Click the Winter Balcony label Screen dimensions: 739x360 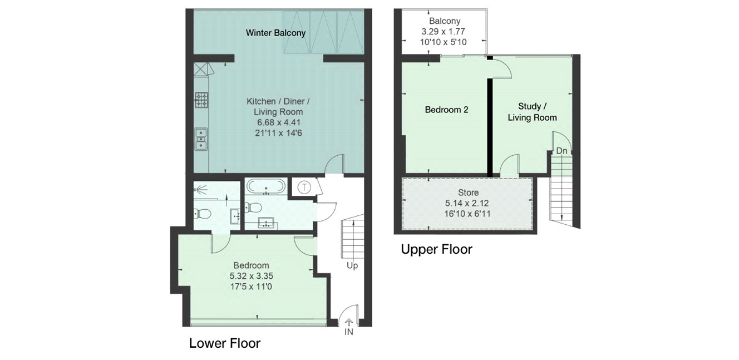(275, 33)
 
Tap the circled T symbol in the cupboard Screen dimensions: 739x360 (304, 188)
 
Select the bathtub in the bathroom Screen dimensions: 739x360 (266, 186)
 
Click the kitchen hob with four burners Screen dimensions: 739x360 (201, 100)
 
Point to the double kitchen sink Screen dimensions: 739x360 (201, 139)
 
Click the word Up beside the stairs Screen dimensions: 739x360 (352, 265)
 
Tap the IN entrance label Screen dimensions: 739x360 (349, 332)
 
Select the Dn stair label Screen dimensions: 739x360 (561, 151)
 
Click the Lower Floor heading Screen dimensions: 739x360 (225, 343)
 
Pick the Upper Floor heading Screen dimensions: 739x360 (436, 249)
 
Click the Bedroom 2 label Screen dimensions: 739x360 (446, 110)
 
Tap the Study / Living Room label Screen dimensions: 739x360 (532, 112)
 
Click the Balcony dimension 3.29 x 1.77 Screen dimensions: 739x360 (443, 32)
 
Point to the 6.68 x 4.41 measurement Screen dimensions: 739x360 (279, 122)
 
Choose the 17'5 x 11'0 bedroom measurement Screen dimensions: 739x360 (251, 287)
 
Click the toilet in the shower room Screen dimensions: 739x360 (202, 214)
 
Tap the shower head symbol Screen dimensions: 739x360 (200, 189)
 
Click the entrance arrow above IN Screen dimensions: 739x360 (349, 322)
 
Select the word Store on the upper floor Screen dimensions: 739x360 (468, 193)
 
